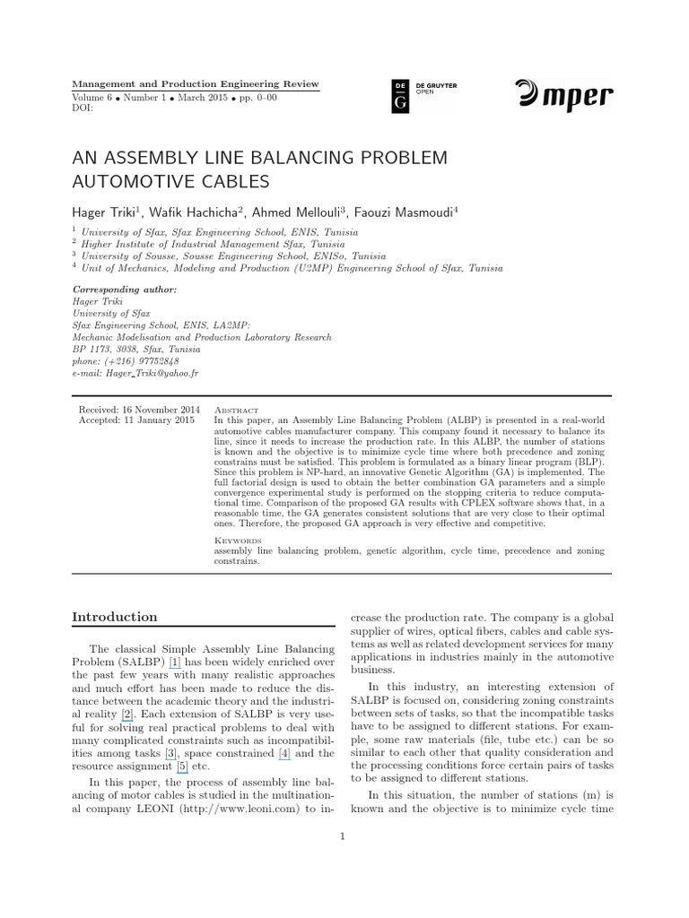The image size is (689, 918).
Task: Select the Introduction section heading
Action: (x=114, y=617)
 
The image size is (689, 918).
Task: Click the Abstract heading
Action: (x=235, y=408)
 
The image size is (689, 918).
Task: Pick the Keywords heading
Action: (x=237, y=541)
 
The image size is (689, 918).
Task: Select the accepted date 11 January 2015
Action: (x=160, y=419)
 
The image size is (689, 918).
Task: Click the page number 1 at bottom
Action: (x=343, y=836)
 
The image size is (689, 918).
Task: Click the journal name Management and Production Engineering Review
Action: (x=195, y=83)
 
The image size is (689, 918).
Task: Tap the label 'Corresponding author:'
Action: (x=124, y=290)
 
